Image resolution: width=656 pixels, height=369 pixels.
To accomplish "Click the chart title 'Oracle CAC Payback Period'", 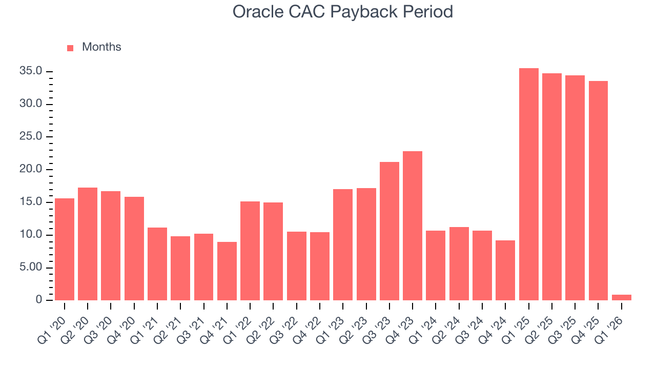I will [342, 11].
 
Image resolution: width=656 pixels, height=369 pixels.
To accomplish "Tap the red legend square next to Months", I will [70, 48].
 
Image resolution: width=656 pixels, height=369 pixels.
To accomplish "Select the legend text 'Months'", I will [101, 47].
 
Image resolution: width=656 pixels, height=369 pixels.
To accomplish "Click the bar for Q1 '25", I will [528, 184].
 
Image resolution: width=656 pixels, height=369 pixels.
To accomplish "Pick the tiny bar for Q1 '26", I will [622, 297].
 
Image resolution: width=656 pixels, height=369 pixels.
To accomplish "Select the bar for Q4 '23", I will [413, 225].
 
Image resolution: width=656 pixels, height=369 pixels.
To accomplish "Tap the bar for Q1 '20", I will [65, 249].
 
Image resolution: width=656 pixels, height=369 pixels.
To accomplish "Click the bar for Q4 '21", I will [227, 271].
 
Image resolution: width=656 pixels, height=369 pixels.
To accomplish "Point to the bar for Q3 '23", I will [389, 231].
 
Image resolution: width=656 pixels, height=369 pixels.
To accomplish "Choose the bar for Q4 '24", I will [505, 270].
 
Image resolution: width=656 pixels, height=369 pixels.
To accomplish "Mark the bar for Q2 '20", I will [88, 244].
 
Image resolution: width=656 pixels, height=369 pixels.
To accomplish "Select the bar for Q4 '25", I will [598, 191].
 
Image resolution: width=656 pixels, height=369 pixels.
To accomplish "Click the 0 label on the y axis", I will [38, 300].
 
